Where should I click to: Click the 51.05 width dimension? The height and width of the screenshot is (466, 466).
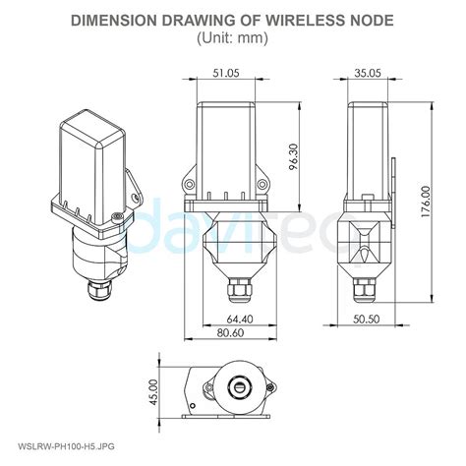[225, 73]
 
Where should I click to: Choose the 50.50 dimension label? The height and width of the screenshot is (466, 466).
[368, 320]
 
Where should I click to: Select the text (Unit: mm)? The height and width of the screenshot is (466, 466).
[233, 37]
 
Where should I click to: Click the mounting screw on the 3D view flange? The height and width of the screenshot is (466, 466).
[116, 216]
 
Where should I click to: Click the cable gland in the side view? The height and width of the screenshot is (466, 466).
[367, 292]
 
